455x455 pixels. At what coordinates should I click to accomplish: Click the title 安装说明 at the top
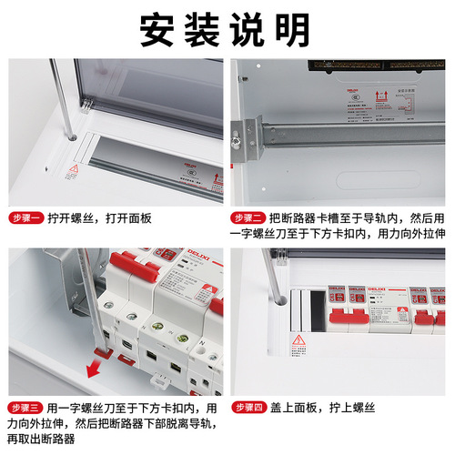pos(227,30)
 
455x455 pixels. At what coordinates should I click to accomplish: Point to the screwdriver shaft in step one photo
pos(63,91)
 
